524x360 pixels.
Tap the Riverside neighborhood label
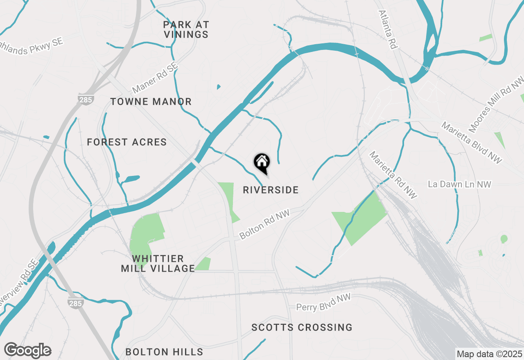coord(271,190)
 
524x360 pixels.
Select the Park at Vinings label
coord(186,30)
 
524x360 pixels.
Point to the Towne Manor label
coord(151,102)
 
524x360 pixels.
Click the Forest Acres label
coord(127,142)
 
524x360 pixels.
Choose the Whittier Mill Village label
coord(158,264)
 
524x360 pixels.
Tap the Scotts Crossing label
coord(302,328)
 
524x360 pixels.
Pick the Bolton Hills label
coord(164,352)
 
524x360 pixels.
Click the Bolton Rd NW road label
coord(264,225)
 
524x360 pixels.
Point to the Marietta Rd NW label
coord(393,175)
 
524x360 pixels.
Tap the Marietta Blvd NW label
coord(471,143)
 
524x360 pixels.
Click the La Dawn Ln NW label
coord(459,184)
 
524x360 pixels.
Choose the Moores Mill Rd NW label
coord(496,105)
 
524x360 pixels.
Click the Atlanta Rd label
coord(388,30)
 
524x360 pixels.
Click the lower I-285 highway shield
coord(76,303)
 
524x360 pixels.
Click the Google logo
coord(27,351)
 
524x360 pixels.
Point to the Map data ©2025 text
coord(489,354)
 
